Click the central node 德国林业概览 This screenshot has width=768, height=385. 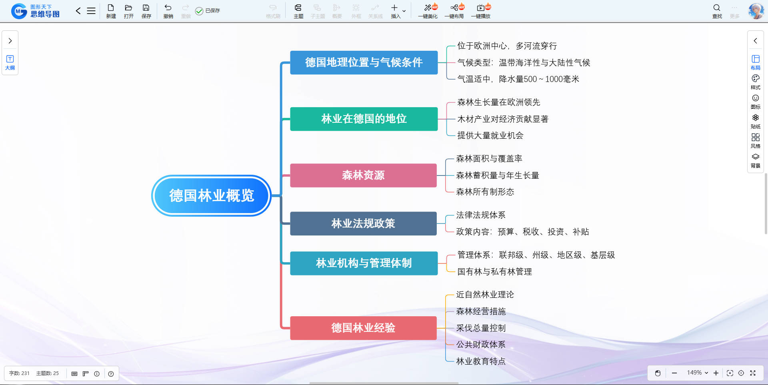click(211, 195)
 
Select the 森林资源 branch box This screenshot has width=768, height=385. click(363, 175)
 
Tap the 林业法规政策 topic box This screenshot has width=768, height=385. click(363, 223)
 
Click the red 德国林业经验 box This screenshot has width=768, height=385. click(363, 328)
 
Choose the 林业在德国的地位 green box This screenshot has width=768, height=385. click(364, 119)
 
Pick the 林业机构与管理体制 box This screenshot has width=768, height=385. click(364, 263)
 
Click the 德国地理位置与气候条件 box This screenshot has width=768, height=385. click(364, 62)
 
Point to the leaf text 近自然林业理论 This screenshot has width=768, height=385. click(485, 295)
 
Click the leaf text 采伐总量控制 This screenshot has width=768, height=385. click(481, 328)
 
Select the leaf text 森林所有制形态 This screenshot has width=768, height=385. click(485, 192)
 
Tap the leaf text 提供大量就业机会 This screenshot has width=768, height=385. click(490, 136)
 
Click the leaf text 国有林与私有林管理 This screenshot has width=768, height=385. click(494, 272)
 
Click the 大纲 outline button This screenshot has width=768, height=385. click(10, 62)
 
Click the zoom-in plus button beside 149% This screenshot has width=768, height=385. click(716, 373)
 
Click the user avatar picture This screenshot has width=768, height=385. click(756, 11)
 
